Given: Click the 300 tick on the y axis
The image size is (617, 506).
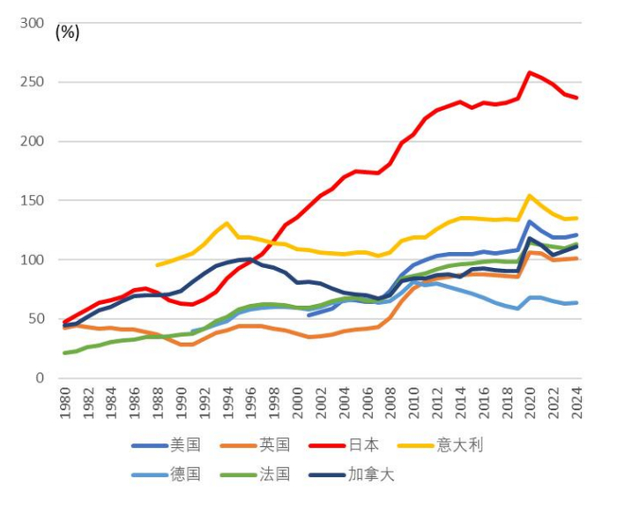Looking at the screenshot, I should pos(32,23).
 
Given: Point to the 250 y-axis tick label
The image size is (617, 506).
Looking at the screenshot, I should pos(32,82).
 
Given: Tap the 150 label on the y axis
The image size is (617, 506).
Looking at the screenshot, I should pos(32,201).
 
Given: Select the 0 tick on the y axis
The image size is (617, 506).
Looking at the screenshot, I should pos(40,378).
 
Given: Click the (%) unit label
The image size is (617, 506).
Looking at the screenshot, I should pos(67,33).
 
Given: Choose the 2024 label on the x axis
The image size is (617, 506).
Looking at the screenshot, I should pos(577,402).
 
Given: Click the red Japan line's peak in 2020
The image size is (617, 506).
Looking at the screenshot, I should pos(529,72).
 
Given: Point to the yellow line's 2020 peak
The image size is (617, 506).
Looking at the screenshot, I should pos(529,196).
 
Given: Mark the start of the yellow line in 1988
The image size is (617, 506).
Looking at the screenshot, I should pos(157,264).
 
